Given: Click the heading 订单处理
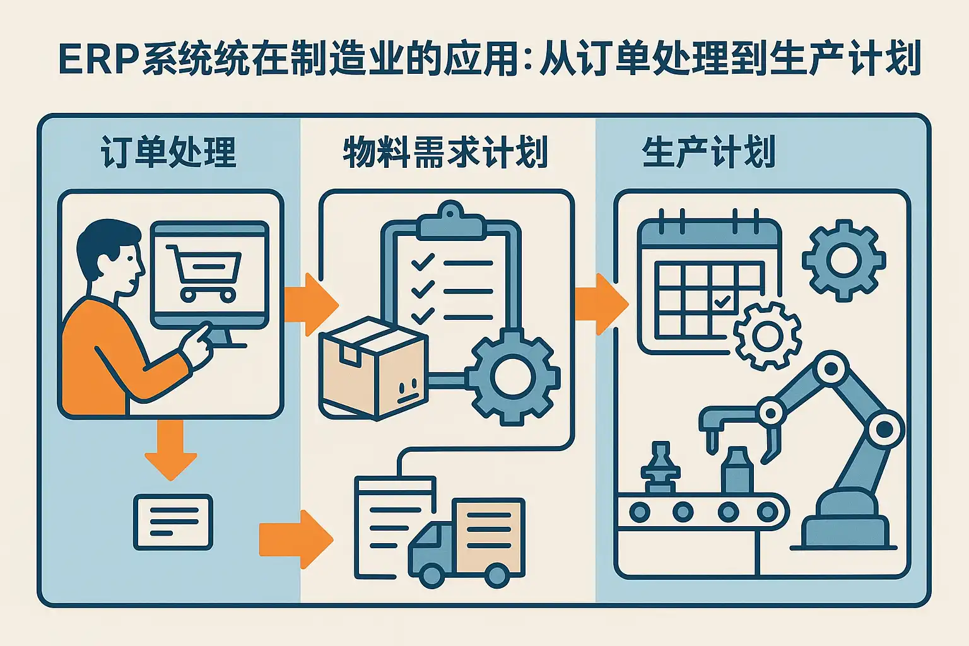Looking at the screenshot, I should (x=168, y=152).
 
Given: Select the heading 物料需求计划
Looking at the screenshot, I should (x=445, y=152).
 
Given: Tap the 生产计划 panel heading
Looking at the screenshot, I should (x=708, y=152).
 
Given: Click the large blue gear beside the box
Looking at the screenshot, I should (x=515, y=377).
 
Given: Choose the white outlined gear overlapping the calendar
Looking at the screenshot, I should (x=767, y=335).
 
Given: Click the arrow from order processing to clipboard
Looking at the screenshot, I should (x=309, y=305).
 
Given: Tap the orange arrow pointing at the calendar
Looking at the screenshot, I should (x=601, y=304).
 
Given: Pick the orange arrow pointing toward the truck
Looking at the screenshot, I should (x=295, y=539).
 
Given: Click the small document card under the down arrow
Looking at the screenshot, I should (x=173, y=522).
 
